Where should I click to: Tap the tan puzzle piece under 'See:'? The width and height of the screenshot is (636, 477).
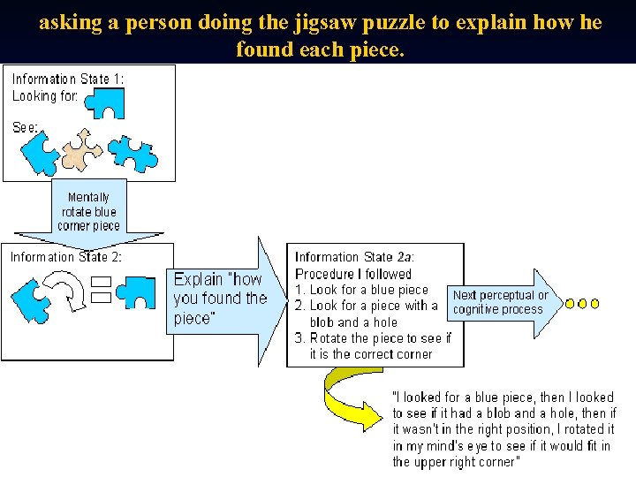[85, 149]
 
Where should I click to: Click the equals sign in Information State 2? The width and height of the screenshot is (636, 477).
[101, 290]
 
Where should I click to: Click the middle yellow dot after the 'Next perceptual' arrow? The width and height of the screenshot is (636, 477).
[582, 303]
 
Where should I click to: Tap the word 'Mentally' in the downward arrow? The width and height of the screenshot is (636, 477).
[88, 197]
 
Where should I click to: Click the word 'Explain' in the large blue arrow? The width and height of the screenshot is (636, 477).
[201, 278]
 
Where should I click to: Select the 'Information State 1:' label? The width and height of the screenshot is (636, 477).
[68, 79]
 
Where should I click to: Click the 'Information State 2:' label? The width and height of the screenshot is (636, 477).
[66, 257]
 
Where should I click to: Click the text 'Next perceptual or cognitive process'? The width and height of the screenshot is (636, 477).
[500, 302]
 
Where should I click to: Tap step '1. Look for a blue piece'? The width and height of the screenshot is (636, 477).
[361, 290]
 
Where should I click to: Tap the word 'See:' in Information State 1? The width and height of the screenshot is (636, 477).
[26, 127]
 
